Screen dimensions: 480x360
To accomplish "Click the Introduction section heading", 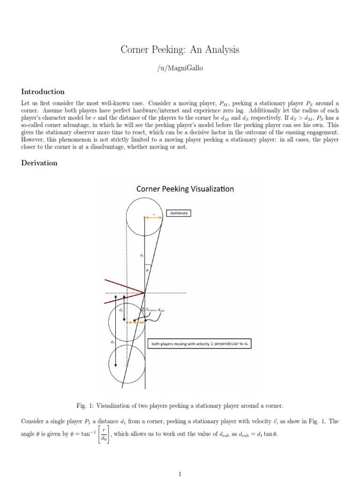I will pyautogui.click(x=43, y=92).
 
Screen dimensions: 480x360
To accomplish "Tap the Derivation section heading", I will pyautogui.click(x=39, y=163).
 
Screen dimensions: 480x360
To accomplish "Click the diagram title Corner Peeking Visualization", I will pyautogui.click(x=185, y=189).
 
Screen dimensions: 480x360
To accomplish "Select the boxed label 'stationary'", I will pyautogui.click(x=179, y=213).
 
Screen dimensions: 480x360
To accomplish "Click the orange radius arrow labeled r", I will pyautogui.click(x=153, y=217).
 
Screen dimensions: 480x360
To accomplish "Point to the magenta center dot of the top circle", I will pyautogui.click(x=145, y=217).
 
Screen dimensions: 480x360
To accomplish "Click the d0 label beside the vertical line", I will pyautogui.click(x=142, y=255).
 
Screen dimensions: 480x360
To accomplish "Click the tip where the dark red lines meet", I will pyautogui.click(x=144, y=292).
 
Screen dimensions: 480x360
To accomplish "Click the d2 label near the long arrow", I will pyautogui.click(x=112, y=342).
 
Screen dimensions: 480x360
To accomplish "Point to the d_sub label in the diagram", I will pyautogui.click(x=161, y=310).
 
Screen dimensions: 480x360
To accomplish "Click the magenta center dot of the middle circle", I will pyautogui.click(x=127, y=322).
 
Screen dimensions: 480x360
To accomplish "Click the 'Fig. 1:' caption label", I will pyautogui.click(x=84, y=405).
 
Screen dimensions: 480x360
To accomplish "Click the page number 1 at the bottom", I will pyautogui.click(x=180, y=474).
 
